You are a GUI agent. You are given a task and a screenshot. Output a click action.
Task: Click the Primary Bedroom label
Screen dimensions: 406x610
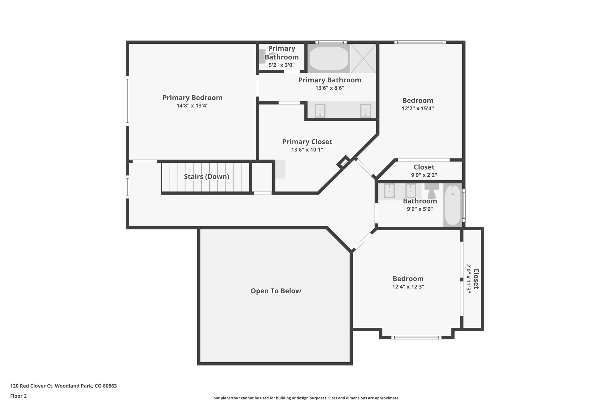coord(192,98)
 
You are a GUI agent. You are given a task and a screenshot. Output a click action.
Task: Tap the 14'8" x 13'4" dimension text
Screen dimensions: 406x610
coord(192,106)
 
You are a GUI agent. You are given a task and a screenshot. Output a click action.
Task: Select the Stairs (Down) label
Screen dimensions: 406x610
coord(206,177)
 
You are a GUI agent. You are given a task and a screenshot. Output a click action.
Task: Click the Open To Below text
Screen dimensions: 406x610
coord(276,291)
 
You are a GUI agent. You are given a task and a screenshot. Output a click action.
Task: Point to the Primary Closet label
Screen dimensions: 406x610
coord(307,142)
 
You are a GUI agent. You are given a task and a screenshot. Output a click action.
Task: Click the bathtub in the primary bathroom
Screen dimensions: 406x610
coord(329,58)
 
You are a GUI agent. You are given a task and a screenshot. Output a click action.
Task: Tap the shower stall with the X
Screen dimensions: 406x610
coord(363,58)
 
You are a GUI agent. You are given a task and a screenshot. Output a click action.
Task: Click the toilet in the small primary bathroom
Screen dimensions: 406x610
coord(264,56)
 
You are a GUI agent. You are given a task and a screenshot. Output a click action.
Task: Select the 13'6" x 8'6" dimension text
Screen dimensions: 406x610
coord(330,88)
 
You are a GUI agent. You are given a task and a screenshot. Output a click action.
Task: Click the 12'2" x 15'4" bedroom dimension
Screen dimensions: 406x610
coord(418,109)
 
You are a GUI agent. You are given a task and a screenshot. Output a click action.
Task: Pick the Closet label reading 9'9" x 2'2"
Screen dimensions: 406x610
coord(424,167)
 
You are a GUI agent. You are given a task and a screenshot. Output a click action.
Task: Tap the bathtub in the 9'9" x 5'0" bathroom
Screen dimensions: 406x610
coord(452,205)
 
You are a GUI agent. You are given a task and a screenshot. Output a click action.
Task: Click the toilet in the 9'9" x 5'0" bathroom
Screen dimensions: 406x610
coord(432,191)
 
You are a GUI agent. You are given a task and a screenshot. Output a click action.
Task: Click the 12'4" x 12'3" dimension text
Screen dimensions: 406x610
coord(408,287)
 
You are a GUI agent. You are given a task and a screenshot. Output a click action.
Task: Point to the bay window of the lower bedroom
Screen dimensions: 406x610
coord(416,338)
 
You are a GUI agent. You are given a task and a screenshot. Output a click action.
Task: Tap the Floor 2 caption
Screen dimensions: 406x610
coord(18,396)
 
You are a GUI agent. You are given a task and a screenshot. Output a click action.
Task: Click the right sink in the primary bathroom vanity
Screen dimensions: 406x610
coord(365,111)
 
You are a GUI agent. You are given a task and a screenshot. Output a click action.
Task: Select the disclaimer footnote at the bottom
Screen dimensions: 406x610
coord(305,398)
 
